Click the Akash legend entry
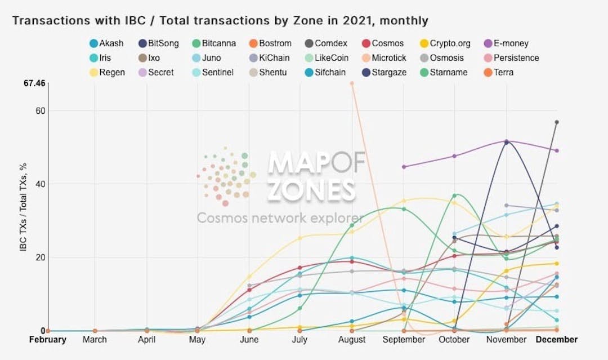click(106, 43)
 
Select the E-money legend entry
click(506, 43)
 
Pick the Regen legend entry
click(108, 72)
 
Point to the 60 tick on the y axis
click(39, 111)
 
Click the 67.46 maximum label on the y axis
click(34, 83)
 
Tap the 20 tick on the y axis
click(39, 257)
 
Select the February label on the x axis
click(48, 340)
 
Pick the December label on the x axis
click(556, 340)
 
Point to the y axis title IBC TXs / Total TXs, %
click(24, 206)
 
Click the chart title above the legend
click(220, 21)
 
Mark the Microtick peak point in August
click(352, 83)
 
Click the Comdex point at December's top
click(557, 122)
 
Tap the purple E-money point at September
click(404, 167)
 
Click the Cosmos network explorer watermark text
click(280, 218)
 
